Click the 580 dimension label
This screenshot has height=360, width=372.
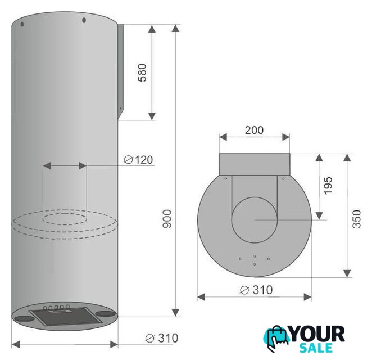[x=142, y=73]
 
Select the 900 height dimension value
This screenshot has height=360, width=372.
[x=167, y=219]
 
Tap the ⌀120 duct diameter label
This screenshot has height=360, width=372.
[x=139, y=160]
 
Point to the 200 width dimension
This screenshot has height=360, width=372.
[x=254, y=130]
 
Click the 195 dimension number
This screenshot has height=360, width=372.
[x=328, y=186]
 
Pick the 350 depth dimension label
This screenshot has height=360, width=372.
[x=357, y=219]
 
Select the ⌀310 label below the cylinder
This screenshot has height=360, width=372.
[x=162, y=338]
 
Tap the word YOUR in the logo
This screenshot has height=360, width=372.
[x=317, y=334]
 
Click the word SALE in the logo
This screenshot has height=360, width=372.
[x=316, y=348]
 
